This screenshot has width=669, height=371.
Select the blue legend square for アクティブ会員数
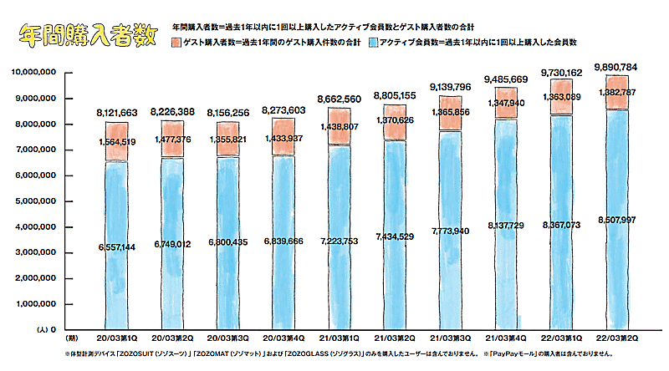tap(370, 42)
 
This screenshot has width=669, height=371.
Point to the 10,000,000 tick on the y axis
tap(35, 74)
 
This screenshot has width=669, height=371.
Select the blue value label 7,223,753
tap(339, 241)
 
